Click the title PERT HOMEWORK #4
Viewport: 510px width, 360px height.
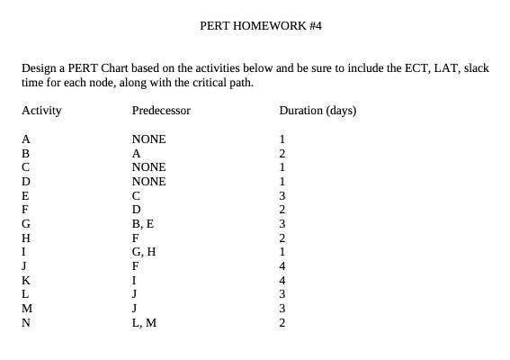[x=260, y=26]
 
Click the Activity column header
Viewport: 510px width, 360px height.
[x=41, y=111]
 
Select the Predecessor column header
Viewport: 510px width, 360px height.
[x=161, y=111]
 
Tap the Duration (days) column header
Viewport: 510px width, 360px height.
[x=318, y=111]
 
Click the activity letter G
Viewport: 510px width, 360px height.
[x=26, y=223]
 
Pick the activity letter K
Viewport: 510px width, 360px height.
[x=26, y=279]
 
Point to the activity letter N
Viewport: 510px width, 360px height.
[x=26, y=321]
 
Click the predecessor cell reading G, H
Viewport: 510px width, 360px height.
[x=144, y=251]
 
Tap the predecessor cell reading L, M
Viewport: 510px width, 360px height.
[x=144, y=321]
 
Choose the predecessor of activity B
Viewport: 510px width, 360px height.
[x=137, y=153]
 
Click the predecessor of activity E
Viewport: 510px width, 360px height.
[x=136, y=195]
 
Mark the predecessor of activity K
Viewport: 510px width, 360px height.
[x=134, y=279]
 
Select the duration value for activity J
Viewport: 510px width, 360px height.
[x=282, y=265]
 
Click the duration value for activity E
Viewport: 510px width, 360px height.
[x=282, y=195]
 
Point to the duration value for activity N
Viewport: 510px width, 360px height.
[x=282, y=321]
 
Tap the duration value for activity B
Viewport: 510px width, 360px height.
[x=282, y=153]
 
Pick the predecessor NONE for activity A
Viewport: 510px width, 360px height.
[x=148, y=139]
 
